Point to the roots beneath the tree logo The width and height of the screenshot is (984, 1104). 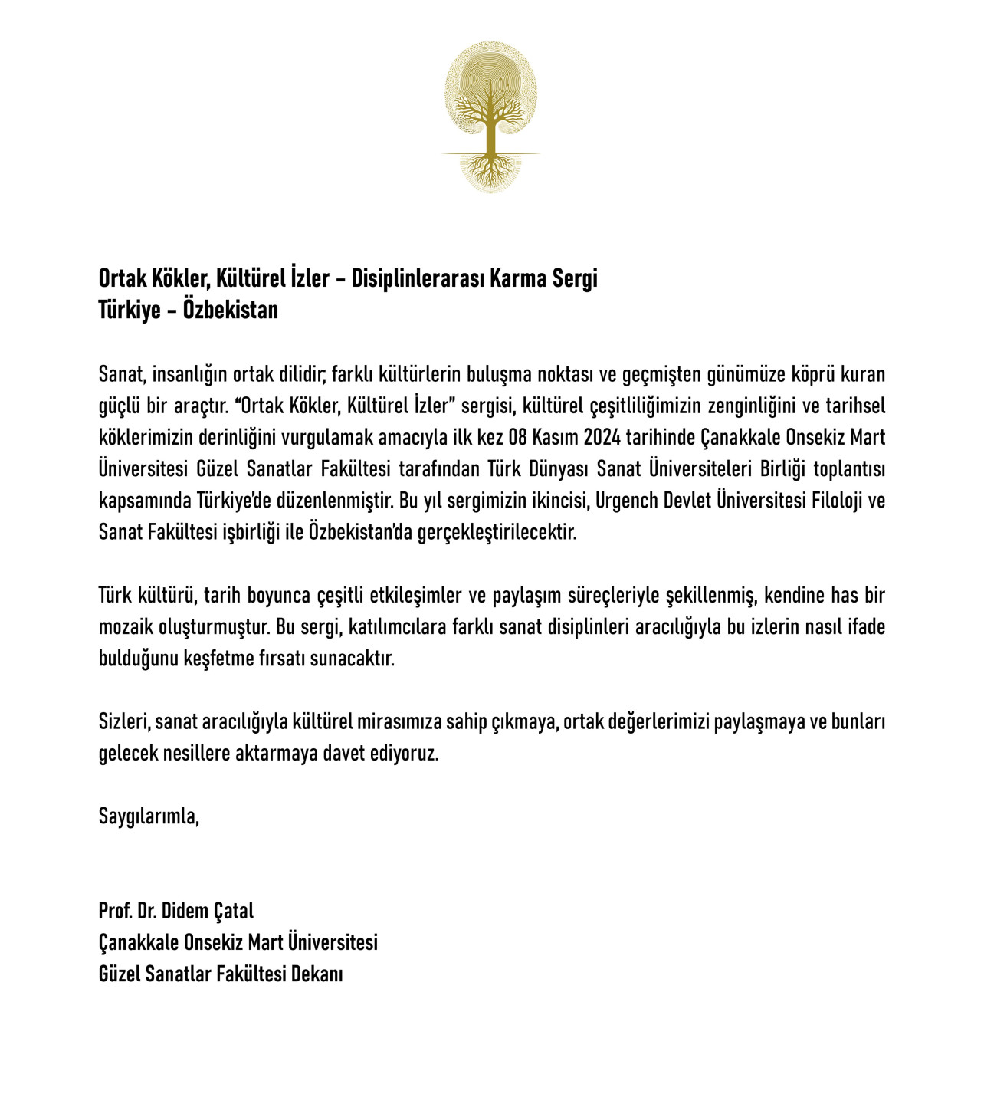490,170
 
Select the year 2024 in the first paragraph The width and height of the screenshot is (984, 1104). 602,438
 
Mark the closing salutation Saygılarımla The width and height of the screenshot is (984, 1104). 149,816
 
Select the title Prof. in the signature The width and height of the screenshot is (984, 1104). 115,911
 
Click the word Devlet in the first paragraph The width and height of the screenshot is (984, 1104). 686,501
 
